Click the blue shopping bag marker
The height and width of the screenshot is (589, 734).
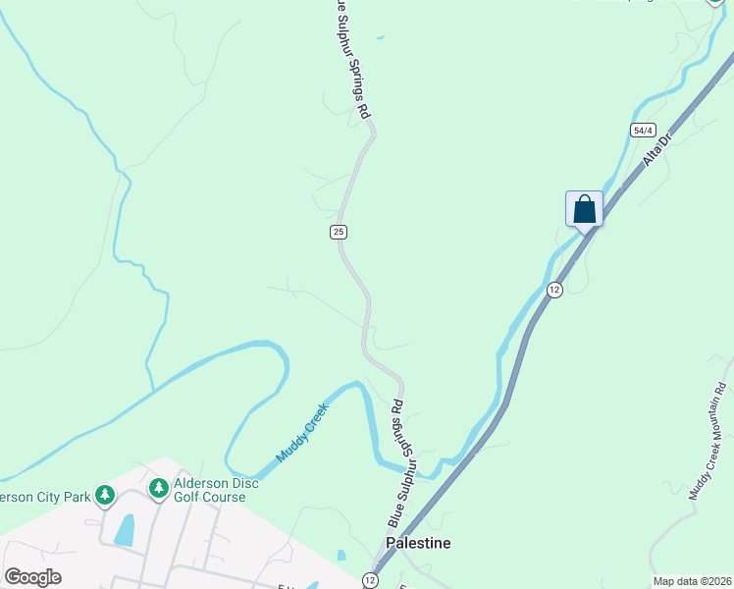pyautogui.click(x=584, y=209)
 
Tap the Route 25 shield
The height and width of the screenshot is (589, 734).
pyautogui.click(x=338, y=232)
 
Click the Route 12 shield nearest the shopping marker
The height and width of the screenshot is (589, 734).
pyautogui.click(x=554, y=289)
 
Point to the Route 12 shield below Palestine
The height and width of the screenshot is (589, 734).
pyautogui.click(x=371, y=580)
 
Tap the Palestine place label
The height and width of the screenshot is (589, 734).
pyautogui.click(x=419, y=543)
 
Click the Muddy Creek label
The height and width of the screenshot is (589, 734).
pyautogui.click(x=301, y=432)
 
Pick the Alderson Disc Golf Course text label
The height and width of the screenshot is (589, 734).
pyautogui.click(x=216, y=490)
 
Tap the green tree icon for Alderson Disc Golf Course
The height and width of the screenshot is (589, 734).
pyautogui.click(x=158, y=488)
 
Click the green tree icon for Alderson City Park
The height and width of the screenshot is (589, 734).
pyautogui.click(x=104, y=497)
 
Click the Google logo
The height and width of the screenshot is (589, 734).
pyautogui.click(x=32, y=577)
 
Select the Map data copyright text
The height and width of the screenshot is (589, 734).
pyautogui.click(x=692, y=581)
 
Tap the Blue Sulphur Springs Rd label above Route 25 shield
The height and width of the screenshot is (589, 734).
pyautogui.click(x=353, y=59)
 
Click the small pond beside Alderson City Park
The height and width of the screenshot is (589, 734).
pyautogui.click(x=124, y=529)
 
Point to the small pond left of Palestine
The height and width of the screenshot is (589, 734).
pyautogui.click(x=341, y=556)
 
